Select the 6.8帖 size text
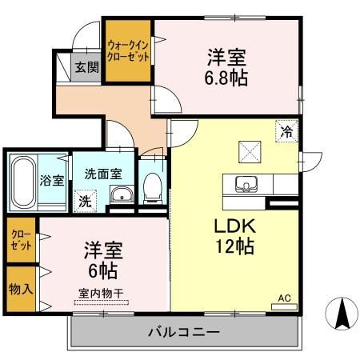click(x=226, y=78)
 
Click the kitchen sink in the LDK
click(x=246, y=184)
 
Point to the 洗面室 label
click(x=104, y=173)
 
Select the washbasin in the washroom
click(x=122, y=195)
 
